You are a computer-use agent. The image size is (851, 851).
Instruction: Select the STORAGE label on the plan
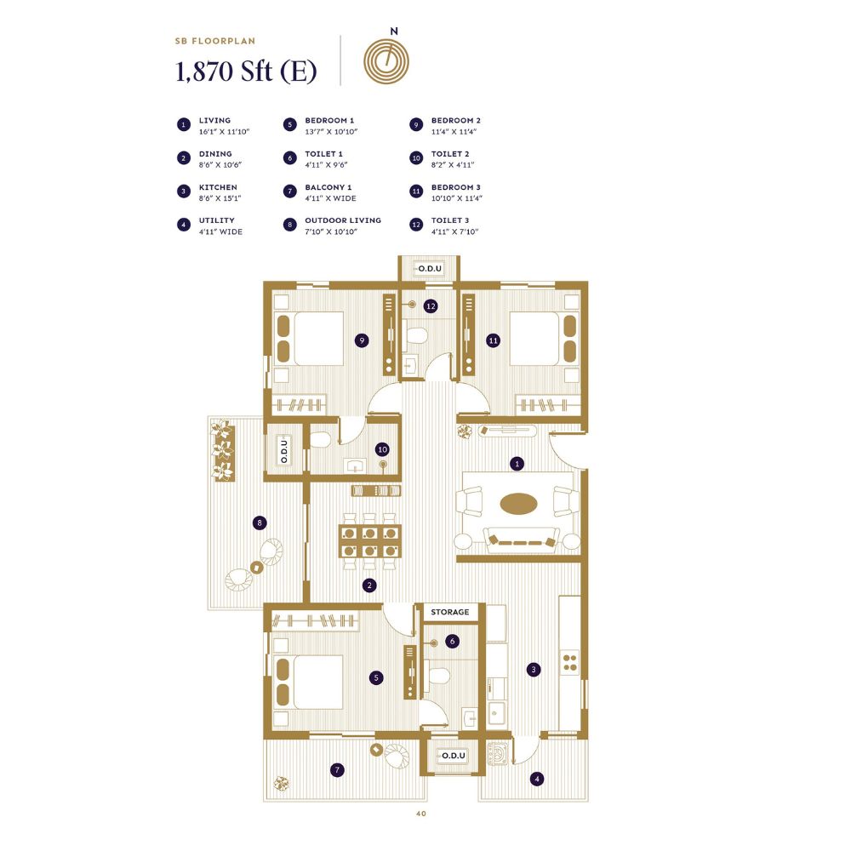[x=449, y=612]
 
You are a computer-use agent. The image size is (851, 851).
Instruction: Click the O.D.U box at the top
[x=428, y=269]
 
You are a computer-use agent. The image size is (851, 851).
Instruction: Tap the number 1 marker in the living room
[x=516, y=464]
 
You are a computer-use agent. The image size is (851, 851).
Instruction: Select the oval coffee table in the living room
[x=519, y=504]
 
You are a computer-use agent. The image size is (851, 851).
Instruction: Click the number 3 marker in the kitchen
[x=533, y=669]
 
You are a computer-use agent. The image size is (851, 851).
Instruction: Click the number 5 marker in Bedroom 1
[x=376, y=678]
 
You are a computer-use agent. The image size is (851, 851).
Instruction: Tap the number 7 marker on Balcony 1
[x=338, y=770]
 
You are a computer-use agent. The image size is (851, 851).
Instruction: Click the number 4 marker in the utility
[x=536, y=778]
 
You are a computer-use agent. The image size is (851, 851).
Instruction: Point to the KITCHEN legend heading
[x=218, y=187]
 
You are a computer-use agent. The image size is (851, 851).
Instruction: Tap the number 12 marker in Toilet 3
[x=431, y=306]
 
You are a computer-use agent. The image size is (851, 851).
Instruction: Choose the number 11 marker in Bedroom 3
[x=492, y=340]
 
